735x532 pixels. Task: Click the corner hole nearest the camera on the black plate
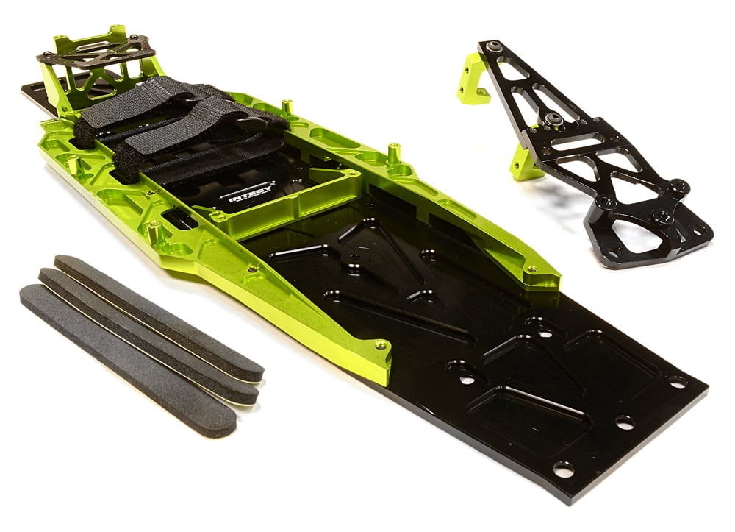563,469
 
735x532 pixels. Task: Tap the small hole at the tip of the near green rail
379,344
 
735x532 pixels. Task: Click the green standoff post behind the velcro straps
287,108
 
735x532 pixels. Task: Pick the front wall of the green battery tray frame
294,210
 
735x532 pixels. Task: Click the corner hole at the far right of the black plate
677,382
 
